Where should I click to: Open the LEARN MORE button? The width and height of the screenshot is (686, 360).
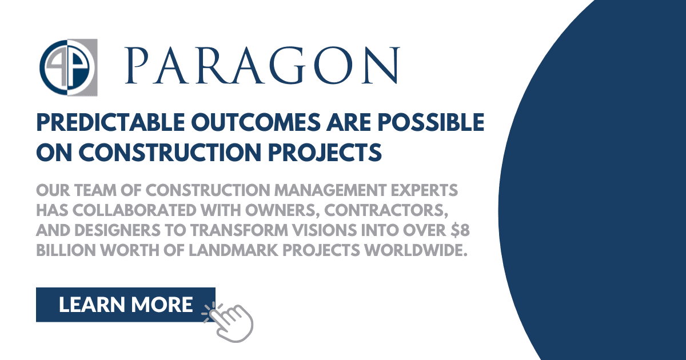point(125,305)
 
